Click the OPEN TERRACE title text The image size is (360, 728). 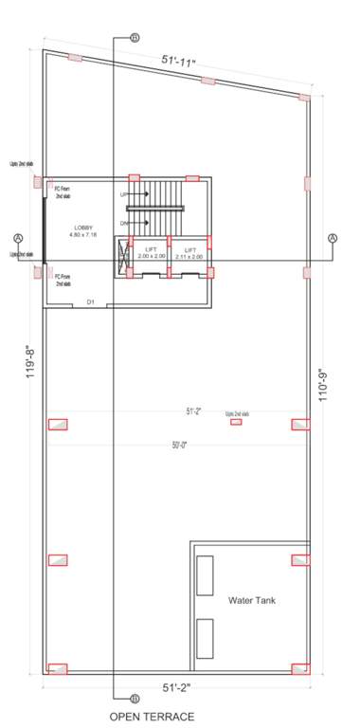click(x=153, y=717)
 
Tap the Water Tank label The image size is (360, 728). click(x=251, y=600)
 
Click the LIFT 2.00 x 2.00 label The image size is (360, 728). click(x=151, y=253)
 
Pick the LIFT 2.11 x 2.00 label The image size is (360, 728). click(x=189, y=253)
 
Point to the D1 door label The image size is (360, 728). click(x=91, y=301)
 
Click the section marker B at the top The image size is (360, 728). click(x=134, y=38)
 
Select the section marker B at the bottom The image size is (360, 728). click(x=117, y=701)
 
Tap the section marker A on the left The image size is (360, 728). click(x=18, y=237)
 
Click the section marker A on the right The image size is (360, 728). click(x=333, y=237)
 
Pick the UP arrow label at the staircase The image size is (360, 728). click(x=124, y=194)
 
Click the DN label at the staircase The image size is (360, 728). click(x=124, y=223)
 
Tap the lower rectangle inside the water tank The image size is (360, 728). click(x=205, y=639)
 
